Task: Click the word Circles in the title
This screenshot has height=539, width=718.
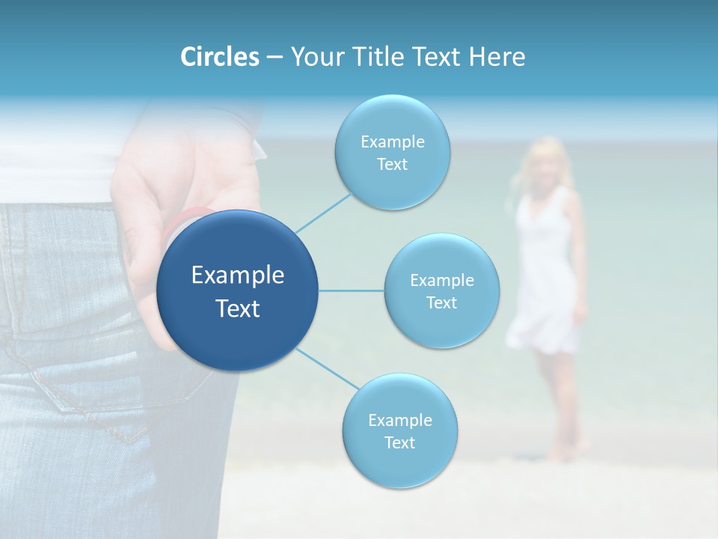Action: point(220,57)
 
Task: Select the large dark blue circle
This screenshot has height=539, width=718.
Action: point(238,290)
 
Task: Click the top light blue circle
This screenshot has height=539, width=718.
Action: point(392,152)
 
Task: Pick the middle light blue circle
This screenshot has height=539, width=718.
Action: point(441,290)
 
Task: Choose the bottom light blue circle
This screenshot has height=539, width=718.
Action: point(399,430)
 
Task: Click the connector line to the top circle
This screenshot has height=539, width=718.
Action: point(323,212)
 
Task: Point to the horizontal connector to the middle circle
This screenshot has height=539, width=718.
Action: point(352,290)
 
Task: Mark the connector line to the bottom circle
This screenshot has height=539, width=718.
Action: point(327,368)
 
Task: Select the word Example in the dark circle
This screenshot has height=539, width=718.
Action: point(238,275)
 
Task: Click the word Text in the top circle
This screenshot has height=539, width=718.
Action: point(392,165)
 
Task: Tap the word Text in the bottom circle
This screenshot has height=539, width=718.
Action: point(399,442)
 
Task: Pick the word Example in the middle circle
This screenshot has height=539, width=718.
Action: point(441,280)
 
